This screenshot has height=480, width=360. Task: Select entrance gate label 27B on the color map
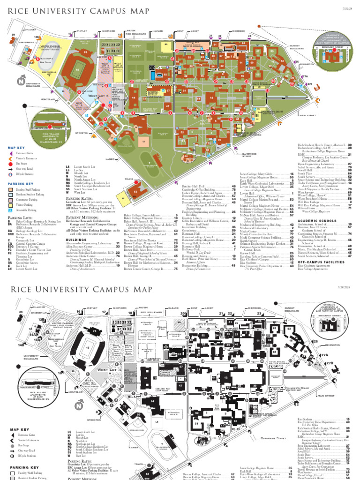click(310, 83)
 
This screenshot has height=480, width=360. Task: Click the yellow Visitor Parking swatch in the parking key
click(10, 205)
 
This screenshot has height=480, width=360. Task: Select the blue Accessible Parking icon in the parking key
click(10, 210)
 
